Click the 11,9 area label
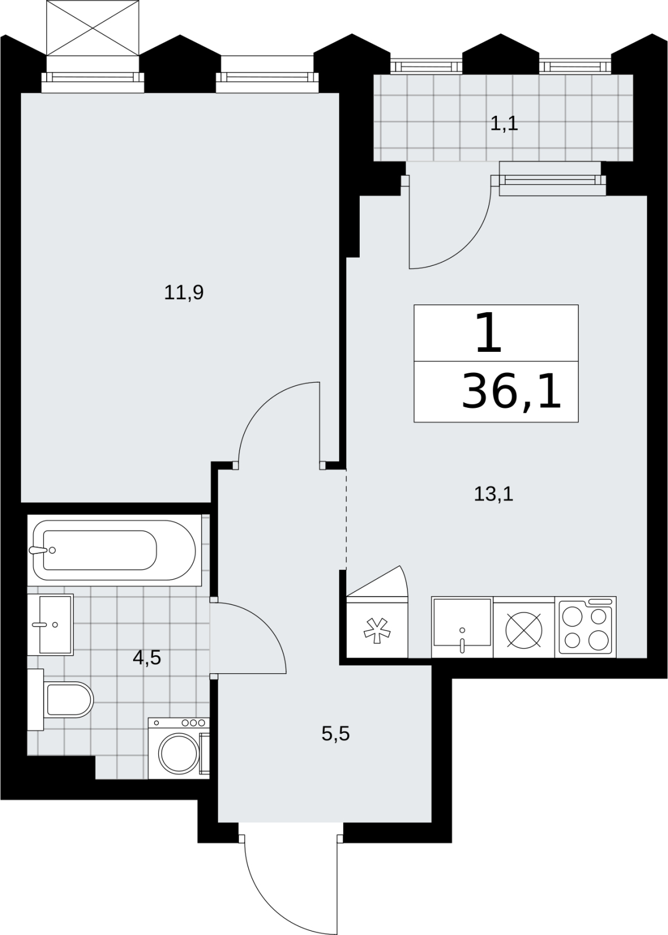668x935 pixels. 184,293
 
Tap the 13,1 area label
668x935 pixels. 493,494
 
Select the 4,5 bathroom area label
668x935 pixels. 147,658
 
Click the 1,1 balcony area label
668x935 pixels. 504,123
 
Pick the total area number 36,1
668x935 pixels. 511,392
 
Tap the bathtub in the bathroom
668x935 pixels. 114,550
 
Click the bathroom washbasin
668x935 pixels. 50,625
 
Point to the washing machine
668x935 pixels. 179,749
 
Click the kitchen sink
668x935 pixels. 462,627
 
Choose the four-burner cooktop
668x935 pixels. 586,627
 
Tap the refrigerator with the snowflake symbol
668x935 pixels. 377,627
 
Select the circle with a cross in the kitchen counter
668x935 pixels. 524,630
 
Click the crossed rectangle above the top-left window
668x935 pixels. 92,27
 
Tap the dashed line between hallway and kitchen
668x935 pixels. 346,520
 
